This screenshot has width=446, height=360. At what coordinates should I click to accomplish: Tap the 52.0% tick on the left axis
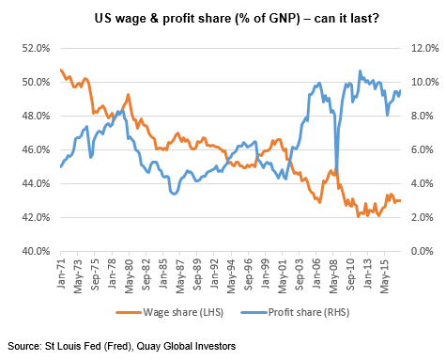click(x=34, y=48)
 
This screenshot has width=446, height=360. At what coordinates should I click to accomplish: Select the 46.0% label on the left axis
click(x=34, y=149)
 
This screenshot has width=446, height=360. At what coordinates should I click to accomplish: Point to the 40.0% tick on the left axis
click(x=34, y=251)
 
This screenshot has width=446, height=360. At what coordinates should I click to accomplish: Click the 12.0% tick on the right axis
click(x=418, y=48)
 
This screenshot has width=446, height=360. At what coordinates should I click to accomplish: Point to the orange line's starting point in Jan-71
click(x=60, y=70)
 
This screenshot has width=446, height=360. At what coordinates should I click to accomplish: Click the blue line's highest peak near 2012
click(x=360, y=70)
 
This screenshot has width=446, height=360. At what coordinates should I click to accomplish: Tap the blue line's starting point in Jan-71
click(x=60, y=166)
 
